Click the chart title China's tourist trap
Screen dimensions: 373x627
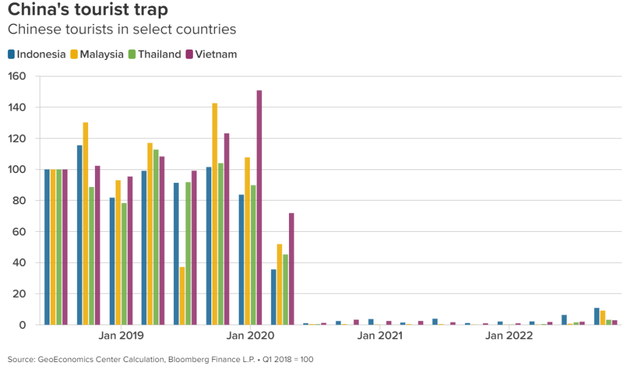pos(88,10)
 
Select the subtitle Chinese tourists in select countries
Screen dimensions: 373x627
pos(121,29)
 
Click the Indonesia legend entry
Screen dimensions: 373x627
pos(36,54)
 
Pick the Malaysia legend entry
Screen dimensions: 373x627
pos(96,54)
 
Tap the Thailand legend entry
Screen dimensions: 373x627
pos(154,54)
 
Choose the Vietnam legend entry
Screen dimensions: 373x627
pos(211,54)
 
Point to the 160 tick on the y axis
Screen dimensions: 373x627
pos(17,76)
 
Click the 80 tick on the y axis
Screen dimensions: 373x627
pos(19,201)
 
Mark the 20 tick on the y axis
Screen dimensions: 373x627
pos(19,294)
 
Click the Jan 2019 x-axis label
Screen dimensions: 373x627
pos(121,336)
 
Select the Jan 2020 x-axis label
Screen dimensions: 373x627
pos(250,336)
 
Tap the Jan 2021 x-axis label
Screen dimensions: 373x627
pos(380,336)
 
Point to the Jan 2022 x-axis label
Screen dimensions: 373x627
pos(509,336)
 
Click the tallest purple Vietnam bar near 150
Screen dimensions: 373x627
pos(259,208)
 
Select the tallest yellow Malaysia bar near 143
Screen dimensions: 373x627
pos(215,214)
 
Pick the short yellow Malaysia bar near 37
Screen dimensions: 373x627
pos(182,296)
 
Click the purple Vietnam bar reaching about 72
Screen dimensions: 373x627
pos(291,269)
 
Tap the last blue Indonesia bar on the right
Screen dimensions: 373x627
pos(597,317)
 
